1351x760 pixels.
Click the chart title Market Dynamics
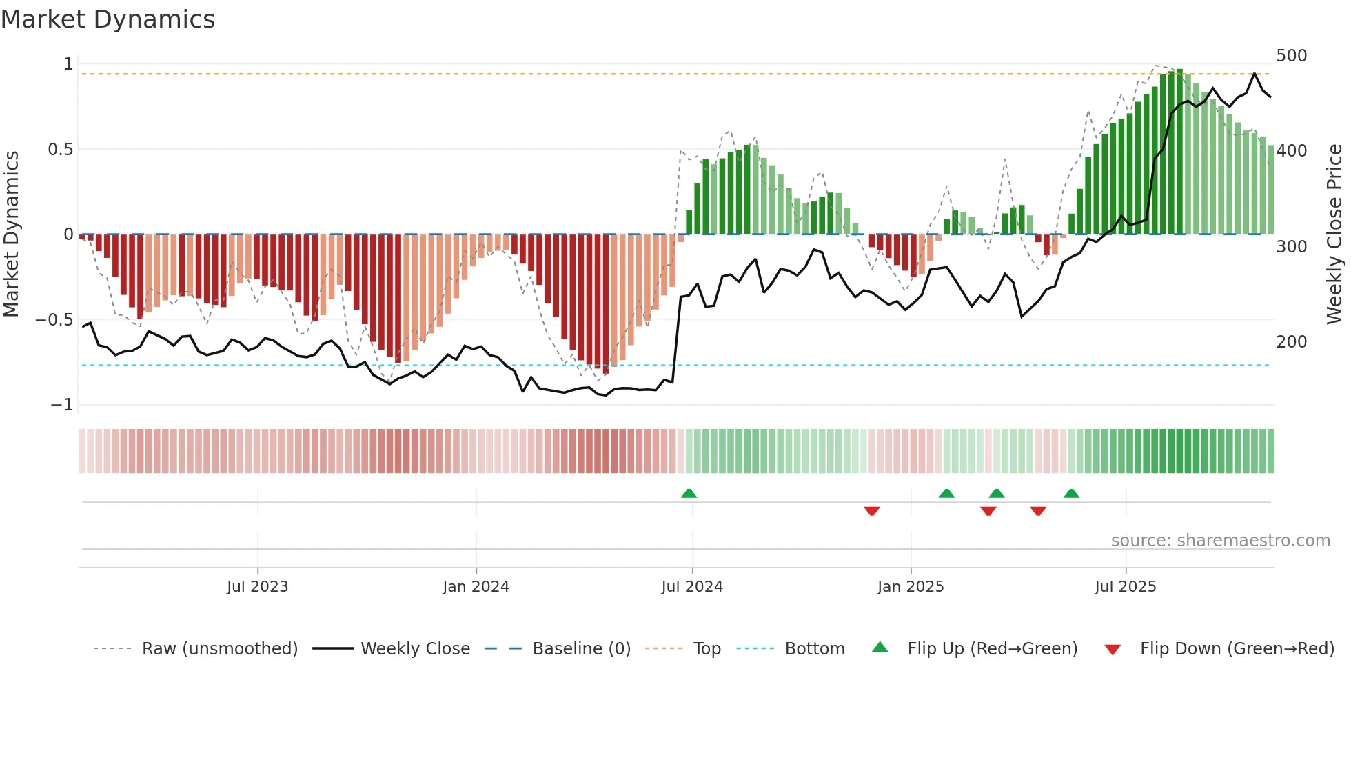(x=108, y=19)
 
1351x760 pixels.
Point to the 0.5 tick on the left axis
(x=60, y=150)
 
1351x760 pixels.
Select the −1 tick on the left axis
(x=61, y=405)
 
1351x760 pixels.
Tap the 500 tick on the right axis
(x=1291, y=56)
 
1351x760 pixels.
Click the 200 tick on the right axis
(x=1291, y=342)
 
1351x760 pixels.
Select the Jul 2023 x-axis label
(x=257, y=587)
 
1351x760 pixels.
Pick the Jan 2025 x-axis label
(x=910, y=587)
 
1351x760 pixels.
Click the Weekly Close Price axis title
(x=1334, y=234)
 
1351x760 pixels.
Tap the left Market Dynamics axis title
(x=11, y=234)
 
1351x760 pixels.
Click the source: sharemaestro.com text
(x=1220, y=541)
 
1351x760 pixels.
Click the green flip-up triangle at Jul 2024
(x=689, y=493)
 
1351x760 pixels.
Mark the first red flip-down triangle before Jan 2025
(x=871, y=511)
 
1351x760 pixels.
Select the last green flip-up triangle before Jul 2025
(x=1071, y=493)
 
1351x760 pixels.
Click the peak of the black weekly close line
(x=1254, y=74)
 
